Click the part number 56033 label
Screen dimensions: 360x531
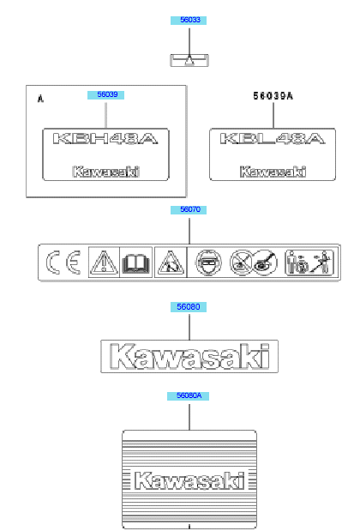(x=189, y=20)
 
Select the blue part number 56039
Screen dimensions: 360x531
(x=106, y=95)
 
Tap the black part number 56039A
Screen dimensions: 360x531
(x=273, y=96)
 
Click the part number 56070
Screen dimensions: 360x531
(x=189, y=209)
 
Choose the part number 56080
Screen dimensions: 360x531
(x=189, y=307)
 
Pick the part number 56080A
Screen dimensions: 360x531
(x=188, y=395)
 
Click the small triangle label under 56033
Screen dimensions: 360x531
(x=189, y=61)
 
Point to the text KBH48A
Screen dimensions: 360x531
(x=105, y=139)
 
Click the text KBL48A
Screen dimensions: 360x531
(x=273, y=139)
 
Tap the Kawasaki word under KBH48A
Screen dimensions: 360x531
(x=106, y=172)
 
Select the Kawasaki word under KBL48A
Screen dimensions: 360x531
(x=273, y=172)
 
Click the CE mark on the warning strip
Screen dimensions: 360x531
(x=63, y=262)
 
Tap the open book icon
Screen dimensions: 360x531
(x=136, y=263)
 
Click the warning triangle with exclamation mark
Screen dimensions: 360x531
(x=105, y=262)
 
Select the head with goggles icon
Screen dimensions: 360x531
(x=209, y=262)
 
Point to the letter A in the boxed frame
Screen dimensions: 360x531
(x=40, y=99)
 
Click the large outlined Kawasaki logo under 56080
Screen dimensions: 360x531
(x=189, y=356)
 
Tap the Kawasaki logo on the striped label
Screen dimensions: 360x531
(x=189, y=480)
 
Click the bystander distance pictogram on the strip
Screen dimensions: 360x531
(x=309, y=262)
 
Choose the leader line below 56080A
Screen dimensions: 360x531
(x=189, y=417)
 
